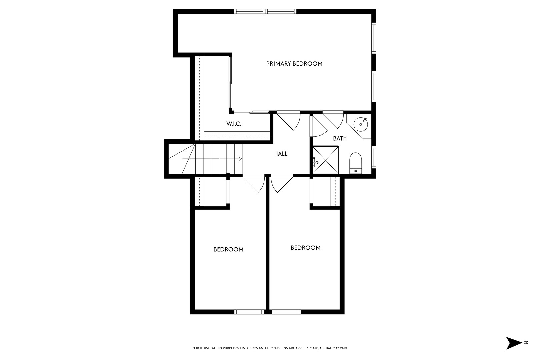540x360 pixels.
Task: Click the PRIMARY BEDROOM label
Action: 294,64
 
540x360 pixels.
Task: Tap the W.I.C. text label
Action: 234,124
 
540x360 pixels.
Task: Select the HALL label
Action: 281,154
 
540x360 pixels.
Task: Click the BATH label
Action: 340,138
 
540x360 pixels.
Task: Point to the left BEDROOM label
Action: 228,249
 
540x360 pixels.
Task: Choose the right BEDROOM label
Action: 305,248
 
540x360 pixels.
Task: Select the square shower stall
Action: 326,160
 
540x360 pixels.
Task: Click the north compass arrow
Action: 514,343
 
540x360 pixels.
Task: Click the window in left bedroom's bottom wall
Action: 249,312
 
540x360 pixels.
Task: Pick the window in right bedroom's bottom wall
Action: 286,312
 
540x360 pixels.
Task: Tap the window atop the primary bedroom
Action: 265,11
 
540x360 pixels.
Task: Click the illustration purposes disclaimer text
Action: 270,348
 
